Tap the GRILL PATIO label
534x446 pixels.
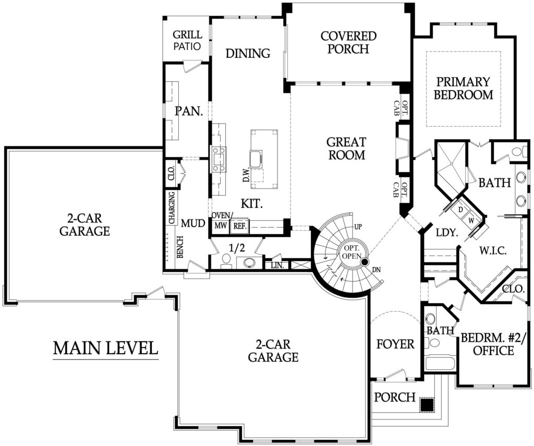click(187, 40)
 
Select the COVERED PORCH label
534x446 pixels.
click(348, 42)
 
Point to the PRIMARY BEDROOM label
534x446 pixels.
click(463, 88)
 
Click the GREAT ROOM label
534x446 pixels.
click(346, 148)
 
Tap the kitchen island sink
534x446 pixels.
click(256, 158)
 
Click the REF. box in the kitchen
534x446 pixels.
click(240, 226)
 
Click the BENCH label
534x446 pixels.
click(180, 247)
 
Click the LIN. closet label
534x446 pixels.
click(277, 265)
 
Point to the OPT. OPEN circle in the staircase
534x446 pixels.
click(351, 252)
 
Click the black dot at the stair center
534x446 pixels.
click(365, 262)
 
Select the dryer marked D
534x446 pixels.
click(460, 209)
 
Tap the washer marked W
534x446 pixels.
click(471, 220)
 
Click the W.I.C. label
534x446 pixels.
click(493, 251)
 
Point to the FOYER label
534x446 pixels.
click(395, 344)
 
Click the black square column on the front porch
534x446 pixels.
click(426, 404)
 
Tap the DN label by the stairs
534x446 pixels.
click(377, 270)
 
